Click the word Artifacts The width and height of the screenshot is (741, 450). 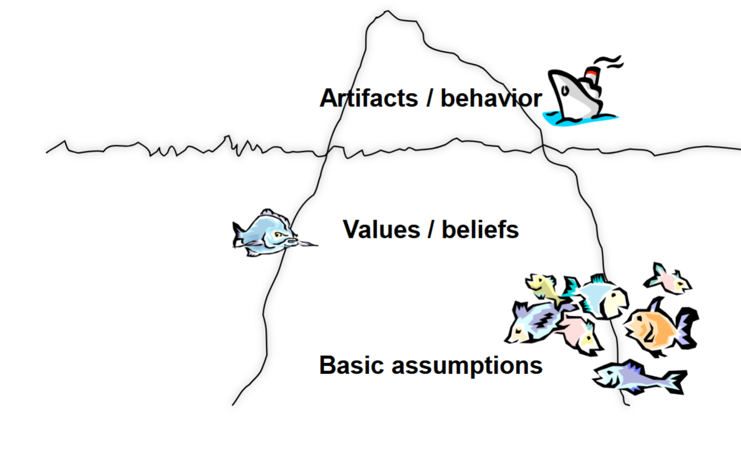click(369, 98)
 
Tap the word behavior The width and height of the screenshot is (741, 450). click(491, 98)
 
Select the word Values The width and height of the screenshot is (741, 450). click(381, 229)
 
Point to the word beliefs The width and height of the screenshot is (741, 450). click(480, 229)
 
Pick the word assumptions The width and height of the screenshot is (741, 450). click(467, 366)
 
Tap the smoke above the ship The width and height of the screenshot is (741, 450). click(608, 61)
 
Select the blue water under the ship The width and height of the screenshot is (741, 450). click(580, 119)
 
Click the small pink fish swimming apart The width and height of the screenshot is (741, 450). click(668, 279)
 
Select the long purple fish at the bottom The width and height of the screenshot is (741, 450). click(638, 378)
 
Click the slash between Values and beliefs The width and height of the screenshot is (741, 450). click(431, 229)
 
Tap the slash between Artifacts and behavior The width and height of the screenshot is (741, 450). click(430, 98)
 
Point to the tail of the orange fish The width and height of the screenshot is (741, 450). click(687, 328)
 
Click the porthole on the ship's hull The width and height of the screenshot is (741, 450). click(565, 90)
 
